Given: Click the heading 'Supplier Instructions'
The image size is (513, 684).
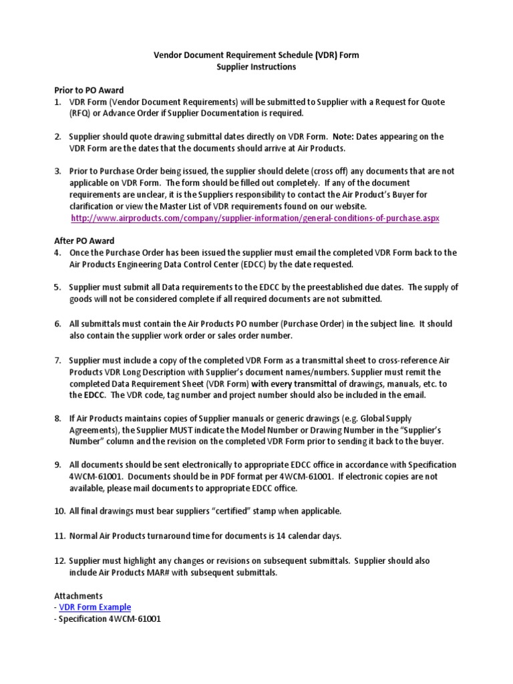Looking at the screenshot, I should pos(256,67).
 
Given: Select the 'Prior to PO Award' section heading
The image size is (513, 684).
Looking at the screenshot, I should pos(88,90).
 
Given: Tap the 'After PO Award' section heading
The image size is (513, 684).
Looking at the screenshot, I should pos(83,240).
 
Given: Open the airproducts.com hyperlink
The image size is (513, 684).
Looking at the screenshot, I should pos(254,218).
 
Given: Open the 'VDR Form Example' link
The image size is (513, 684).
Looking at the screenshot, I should pos(95,607).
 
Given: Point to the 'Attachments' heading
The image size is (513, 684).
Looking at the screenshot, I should pos(78,594).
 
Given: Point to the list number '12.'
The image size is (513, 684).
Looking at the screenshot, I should pos(59,560).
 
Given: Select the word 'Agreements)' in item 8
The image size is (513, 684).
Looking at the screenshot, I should pos(94,430).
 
